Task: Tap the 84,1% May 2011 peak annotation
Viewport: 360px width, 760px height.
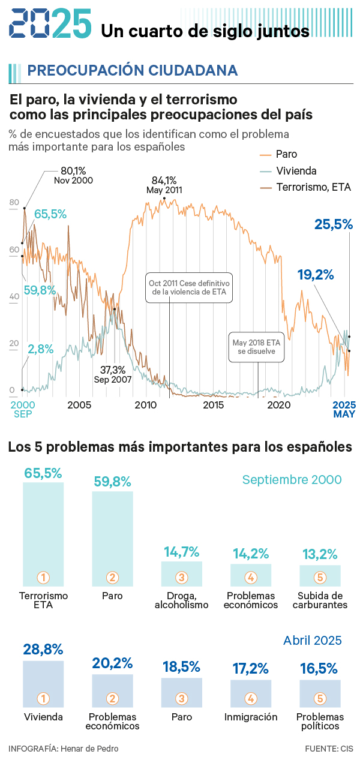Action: coord(164,185)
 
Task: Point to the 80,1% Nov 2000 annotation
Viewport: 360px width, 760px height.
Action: coord(73,175)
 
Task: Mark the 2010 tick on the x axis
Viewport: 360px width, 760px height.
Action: coord(145,405)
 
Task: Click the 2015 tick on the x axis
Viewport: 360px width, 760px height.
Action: coord(214,405)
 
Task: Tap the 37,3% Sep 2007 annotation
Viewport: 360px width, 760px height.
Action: coord(112,375)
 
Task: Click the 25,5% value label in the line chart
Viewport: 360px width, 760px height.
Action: coord(334,225)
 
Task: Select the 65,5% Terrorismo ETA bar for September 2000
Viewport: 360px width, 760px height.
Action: coord(43,534)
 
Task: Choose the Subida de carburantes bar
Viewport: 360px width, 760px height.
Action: coord(320,575)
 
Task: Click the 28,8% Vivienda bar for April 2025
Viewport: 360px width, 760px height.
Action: coord(43,683)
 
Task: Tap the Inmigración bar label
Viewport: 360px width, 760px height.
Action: coord(251,717)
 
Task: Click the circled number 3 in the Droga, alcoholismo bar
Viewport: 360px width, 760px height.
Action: coord(182,578)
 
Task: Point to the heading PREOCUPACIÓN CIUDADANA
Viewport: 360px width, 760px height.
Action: coord(132,71)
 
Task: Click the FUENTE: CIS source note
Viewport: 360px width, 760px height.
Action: coord(329,748)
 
